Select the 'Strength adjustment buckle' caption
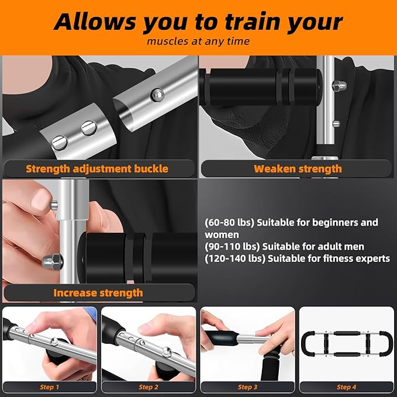pos(97,169)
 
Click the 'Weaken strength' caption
pos(298,169)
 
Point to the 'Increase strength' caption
pos(98,292)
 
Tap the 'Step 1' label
pos(49,387)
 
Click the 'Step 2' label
pos(149,387)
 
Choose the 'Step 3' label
pos(247,387)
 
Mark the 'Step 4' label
pos(346,387)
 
